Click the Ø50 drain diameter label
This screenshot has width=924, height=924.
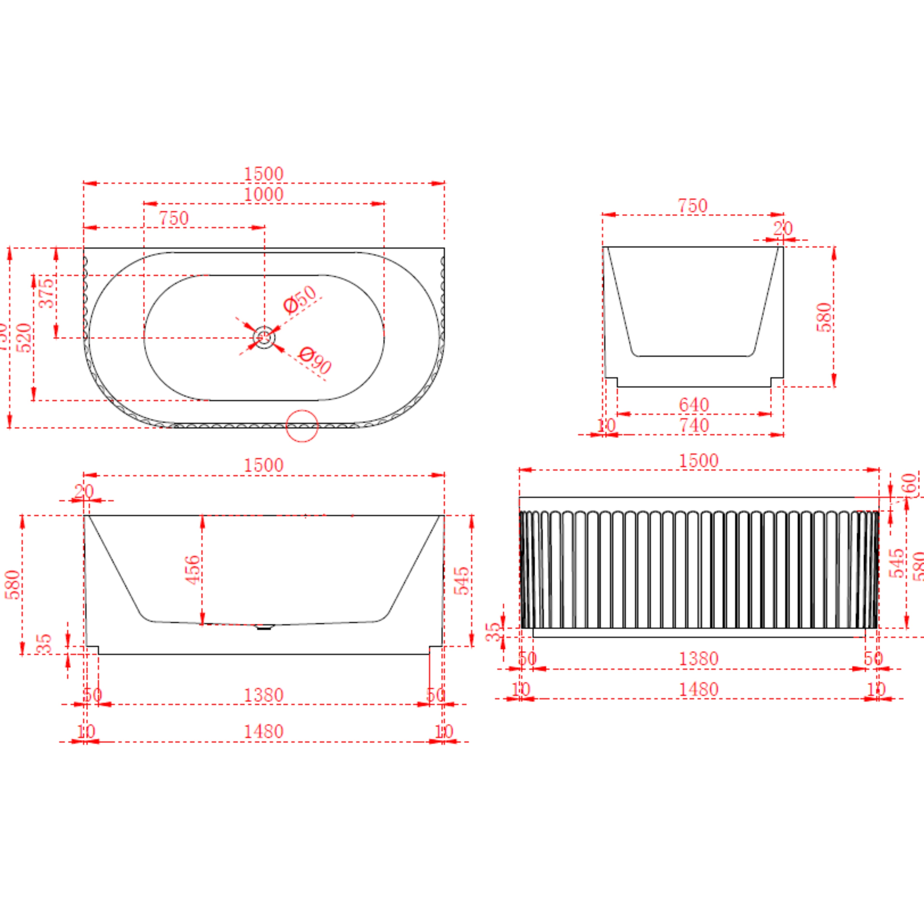click(x=300, y=299)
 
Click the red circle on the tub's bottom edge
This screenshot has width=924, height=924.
click(x=302, y=426)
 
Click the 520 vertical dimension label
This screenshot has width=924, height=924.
click(x=24, y=338)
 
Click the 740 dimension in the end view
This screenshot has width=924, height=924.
click(x=694, y=425)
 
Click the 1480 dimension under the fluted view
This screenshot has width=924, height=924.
click(x=699, y=690)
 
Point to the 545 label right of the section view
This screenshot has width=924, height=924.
click(x=462, y=581)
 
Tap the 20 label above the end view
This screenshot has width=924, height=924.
click(x=783, y=229)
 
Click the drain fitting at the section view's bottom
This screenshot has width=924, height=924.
click(x=264, y=627)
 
